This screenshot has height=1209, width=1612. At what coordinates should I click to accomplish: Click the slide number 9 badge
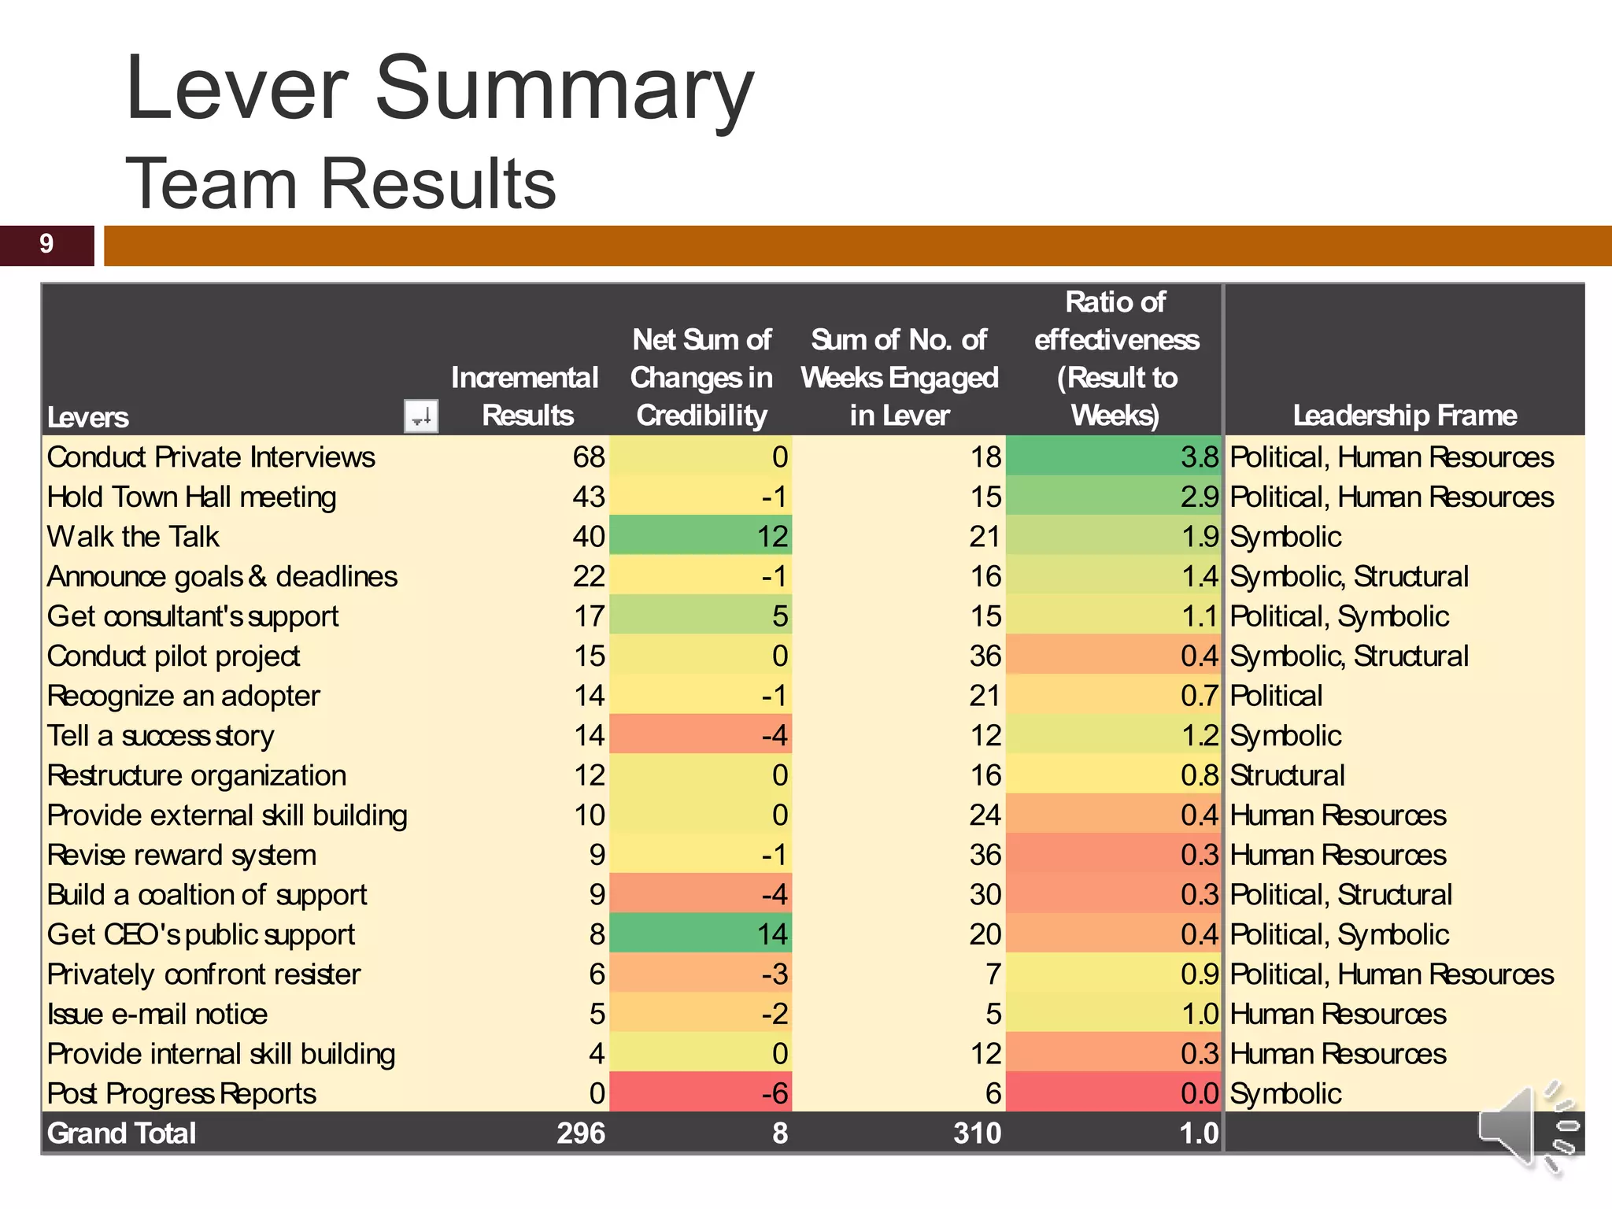tap(46, 245)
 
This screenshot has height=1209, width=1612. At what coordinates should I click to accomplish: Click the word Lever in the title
tap(236, 88)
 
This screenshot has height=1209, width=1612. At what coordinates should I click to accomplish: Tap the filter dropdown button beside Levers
tap(420, 416)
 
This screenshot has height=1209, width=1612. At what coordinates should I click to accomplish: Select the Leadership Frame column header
tap(1404, 416)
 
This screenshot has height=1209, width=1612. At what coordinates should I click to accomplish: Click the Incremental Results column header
tap(525, 397)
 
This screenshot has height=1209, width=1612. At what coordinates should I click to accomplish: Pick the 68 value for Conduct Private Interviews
tap(589, 457)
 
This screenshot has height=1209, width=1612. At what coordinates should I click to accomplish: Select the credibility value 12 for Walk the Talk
tap(772, 537)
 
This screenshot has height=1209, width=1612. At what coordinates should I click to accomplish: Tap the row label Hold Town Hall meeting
tap(191, 497)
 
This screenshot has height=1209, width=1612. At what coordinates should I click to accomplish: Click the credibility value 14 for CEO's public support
tap(772, 935)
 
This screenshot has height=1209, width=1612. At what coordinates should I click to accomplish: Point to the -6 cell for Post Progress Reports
tap(775, 1094)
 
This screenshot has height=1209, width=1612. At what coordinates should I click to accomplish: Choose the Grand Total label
tap(121, 1133)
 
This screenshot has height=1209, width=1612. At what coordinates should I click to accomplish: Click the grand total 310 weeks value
tap(977, 1133)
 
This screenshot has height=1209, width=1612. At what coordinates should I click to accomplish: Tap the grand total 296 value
tap(581, 1133)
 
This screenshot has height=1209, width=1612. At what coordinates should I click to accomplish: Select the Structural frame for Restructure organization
tap(1287, 776)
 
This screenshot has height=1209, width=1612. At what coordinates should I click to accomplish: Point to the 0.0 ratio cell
tap(1199, 1094)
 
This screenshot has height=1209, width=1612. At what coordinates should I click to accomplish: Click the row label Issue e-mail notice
tap(157, 1015)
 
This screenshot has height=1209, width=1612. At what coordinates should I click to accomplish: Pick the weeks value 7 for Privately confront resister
tap(993, 975)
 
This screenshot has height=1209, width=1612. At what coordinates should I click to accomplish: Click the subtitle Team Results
tap(340, 184)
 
